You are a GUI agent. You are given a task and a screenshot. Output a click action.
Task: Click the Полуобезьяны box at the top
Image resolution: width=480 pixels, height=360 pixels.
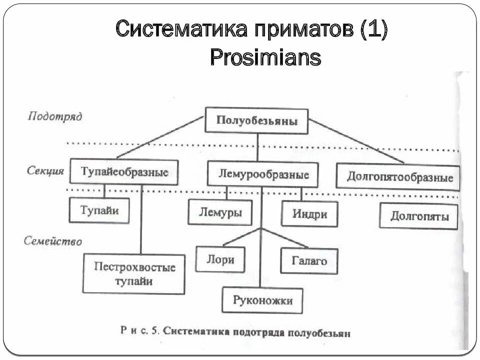[257, 120]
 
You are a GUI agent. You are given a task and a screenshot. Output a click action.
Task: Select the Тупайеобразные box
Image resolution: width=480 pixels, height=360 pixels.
[124, 172]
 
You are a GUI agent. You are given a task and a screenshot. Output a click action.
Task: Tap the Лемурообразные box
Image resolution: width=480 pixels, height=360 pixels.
[263, 174]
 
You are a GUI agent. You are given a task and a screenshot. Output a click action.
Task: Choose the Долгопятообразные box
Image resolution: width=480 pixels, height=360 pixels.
[397, 177]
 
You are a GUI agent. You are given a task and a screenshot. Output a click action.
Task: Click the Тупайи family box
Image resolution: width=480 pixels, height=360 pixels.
[99, 210]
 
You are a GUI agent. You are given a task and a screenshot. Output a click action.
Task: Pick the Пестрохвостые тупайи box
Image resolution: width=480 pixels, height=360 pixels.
[134, 274]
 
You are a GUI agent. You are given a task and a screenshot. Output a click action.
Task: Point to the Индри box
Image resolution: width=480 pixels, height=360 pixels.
[309, 214]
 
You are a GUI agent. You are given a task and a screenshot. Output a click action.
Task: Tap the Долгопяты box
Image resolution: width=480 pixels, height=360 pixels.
[418, 216]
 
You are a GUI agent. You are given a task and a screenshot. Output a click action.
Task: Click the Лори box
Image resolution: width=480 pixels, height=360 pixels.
[220, 259]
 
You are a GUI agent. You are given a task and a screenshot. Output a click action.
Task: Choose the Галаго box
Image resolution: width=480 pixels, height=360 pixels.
[309, 260]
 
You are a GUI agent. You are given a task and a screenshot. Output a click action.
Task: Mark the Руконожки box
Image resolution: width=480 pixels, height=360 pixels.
[262, 300]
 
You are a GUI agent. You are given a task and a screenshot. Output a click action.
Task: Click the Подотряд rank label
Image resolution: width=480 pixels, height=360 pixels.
[55, 116]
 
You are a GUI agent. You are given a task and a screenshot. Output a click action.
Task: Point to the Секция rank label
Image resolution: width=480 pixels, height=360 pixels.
[45, 170]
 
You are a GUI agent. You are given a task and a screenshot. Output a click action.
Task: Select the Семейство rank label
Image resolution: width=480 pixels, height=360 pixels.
[53, 241]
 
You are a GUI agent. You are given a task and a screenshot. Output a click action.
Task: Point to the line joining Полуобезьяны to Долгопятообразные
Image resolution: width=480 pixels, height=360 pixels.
[356, 141]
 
